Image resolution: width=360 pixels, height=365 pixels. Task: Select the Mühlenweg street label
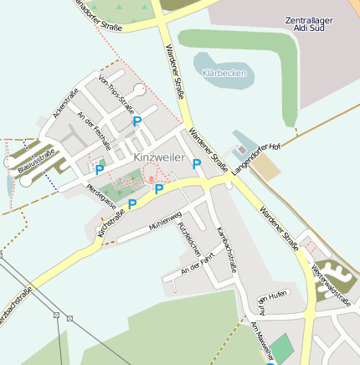[x=165, y=222]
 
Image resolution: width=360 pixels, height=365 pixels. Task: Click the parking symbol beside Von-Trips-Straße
[x=137, y=121]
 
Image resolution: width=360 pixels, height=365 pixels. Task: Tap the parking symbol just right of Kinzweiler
[x=198, y=164]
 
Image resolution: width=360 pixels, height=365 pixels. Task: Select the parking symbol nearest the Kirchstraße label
[x=131, y=204]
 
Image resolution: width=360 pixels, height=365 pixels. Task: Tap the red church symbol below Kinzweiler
[x=152, y=177]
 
